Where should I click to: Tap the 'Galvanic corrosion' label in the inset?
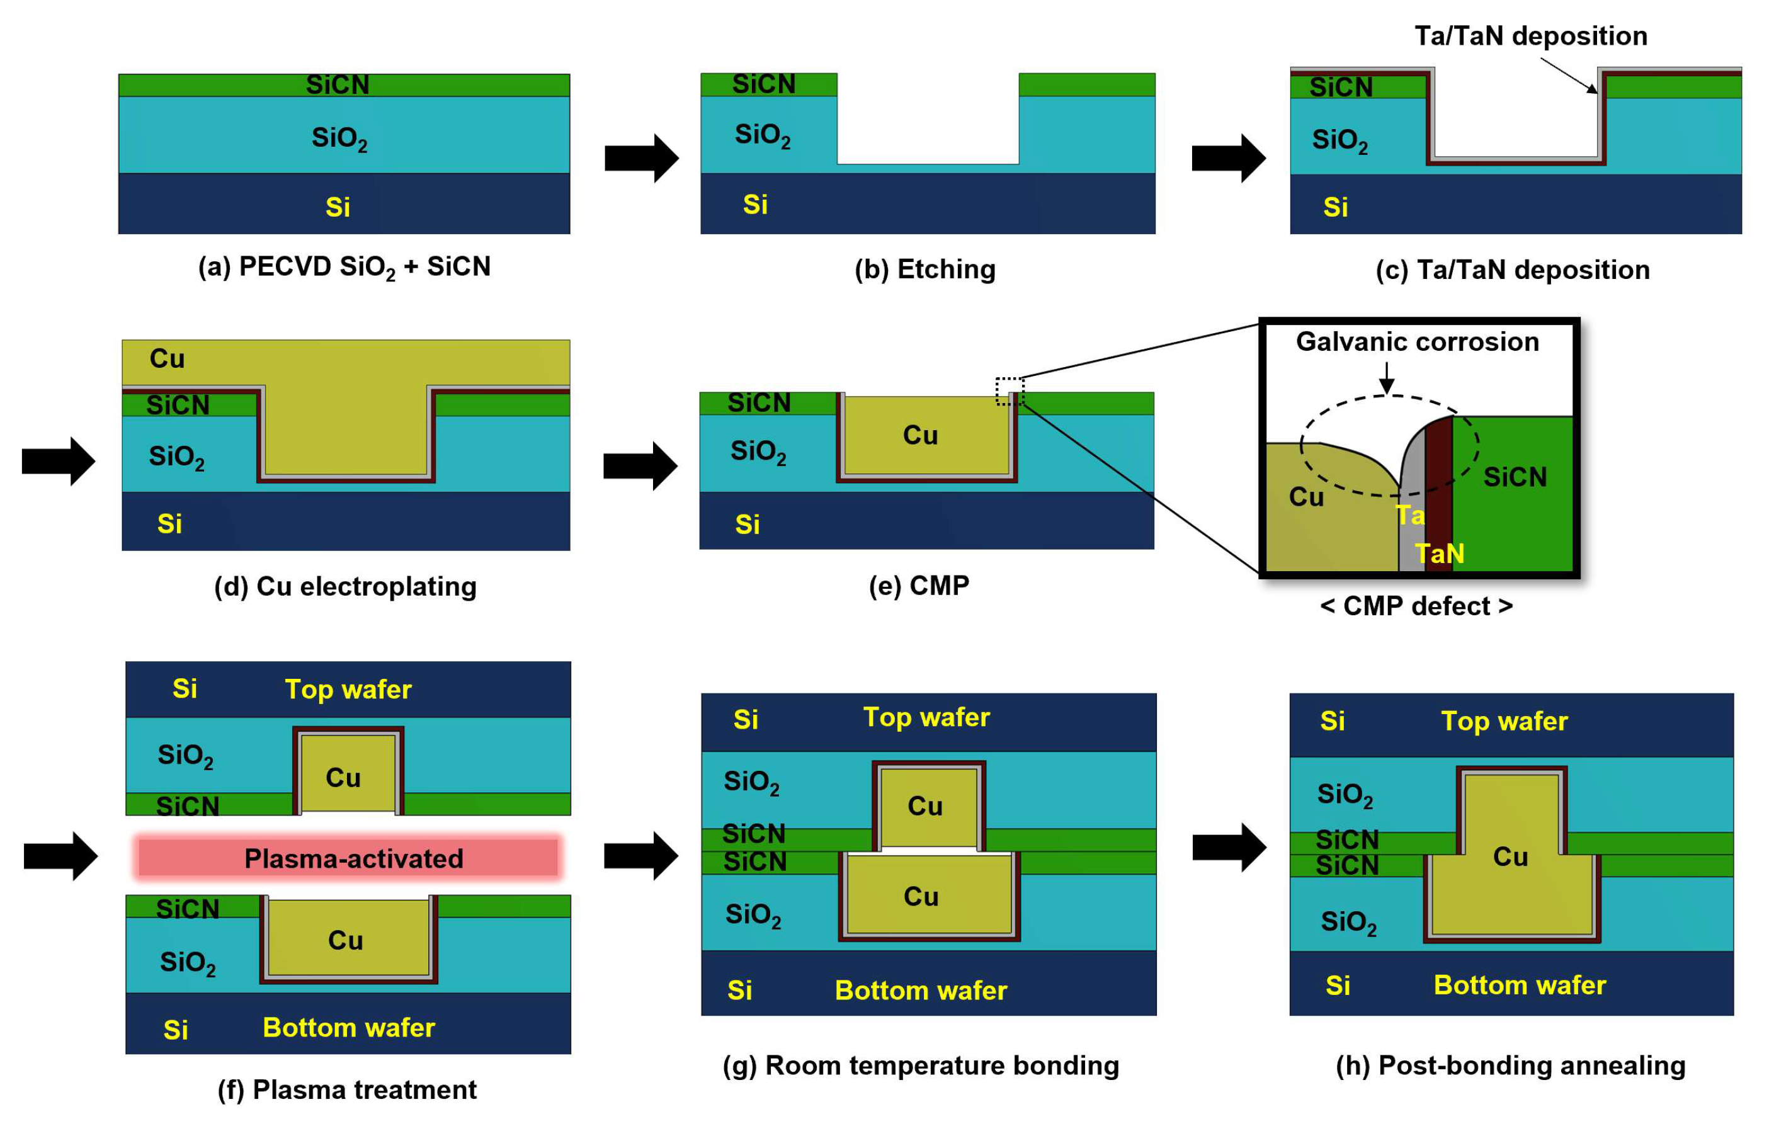[x=1417, y=342]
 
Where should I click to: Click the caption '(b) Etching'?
[x=924, y=270]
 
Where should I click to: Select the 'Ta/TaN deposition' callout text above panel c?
[x=1530, y=36]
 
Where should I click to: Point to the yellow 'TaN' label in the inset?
[x=1439, y=554]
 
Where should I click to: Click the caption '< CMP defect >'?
[x=1416, y=606]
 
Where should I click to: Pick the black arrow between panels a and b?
[x=641, y=157]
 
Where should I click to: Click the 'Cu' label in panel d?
[x=168, y=359]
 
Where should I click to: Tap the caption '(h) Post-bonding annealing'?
[x=1510, y=1066]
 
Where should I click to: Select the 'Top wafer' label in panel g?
[x=926, y=717]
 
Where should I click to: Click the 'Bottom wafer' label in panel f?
[x=348, y=1028]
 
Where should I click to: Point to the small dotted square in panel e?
[x=1009, y=391]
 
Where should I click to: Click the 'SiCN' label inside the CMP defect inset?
[x=1515, y=477]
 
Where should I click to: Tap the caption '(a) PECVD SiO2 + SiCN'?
[x=344, y=267]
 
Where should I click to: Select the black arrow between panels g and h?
[x=1229, y=848]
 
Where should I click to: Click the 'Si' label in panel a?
[x=338, y=207]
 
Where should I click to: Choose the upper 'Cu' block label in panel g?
[x=924, y=806]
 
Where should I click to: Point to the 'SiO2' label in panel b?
[x=762, y=135]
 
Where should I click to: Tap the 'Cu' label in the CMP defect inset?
[x=1305, y=497]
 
